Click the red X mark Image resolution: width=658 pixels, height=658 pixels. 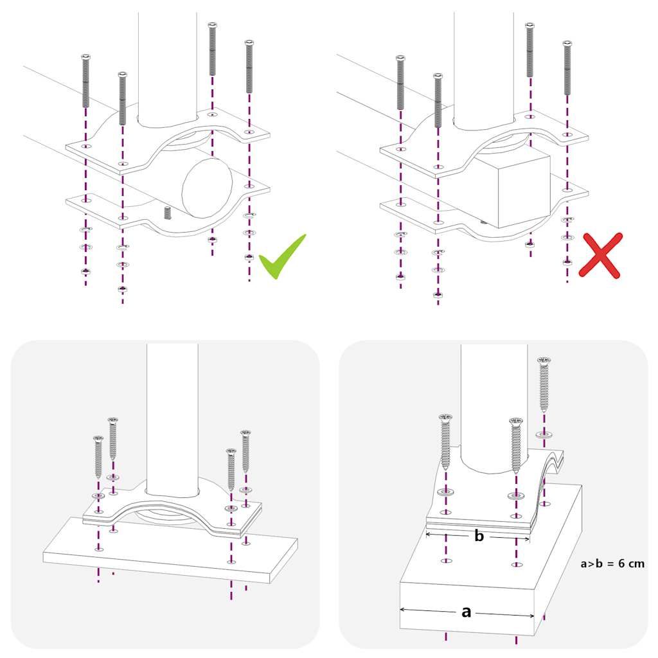pos(601,255)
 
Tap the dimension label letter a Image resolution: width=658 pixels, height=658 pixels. pos(467,612)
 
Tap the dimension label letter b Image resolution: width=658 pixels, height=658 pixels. pos(479,536)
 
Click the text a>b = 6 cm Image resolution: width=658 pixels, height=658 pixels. pos(612,564)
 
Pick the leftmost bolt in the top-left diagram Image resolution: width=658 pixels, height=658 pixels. pos(85,82)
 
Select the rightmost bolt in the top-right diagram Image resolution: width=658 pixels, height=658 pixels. pos(567,67)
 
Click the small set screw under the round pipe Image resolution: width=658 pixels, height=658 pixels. pos(168,213)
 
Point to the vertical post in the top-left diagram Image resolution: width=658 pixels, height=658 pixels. pos(167,64)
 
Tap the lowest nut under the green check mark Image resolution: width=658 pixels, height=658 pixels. pos(249,257)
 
